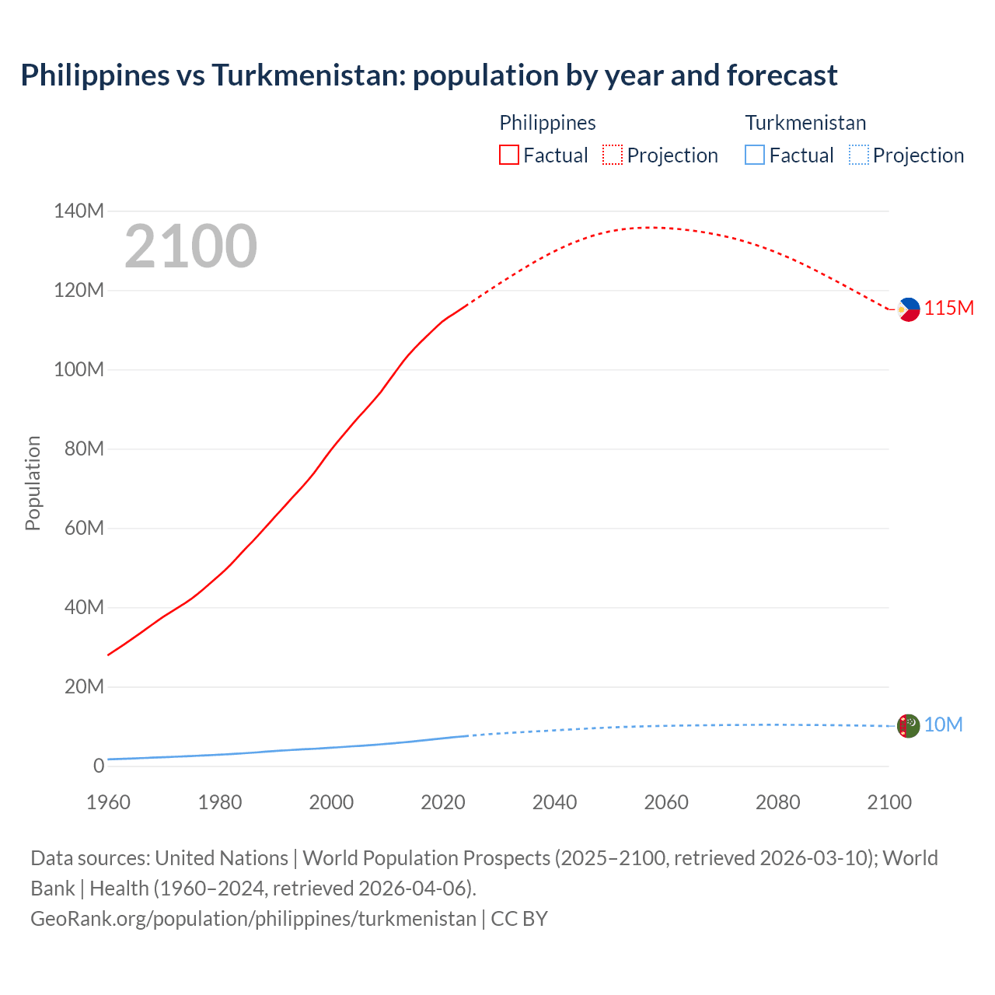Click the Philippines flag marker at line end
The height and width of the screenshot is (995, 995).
(908, 309)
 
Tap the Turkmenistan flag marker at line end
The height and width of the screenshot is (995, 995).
(908, 726)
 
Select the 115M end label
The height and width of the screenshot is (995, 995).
(949, 309)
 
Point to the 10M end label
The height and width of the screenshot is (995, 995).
(943, 725)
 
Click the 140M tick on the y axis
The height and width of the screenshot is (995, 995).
(79, 211)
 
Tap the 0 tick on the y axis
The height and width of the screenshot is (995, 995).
(98, 766)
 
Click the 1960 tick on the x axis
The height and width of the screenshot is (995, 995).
(108, 802)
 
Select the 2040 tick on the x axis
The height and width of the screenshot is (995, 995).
(554, 802)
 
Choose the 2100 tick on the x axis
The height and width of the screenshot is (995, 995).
(889, 802)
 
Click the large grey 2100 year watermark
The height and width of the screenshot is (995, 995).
(190, 246)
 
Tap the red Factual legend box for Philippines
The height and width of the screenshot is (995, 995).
(508, 155)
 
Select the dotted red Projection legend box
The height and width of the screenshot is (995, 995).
(613, 155)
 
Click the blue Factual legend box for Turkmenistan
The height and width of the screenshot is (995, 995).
(755, 155)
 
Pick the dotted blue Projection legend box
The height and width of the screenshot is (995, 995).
(858, 155)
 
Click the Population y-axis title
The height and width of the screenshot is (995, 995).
(33, 483)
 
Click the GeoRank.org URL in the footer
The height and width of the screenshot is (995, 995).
(253, 919)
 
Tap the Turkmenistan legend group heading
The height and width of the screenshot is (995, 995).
(805, 123)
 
